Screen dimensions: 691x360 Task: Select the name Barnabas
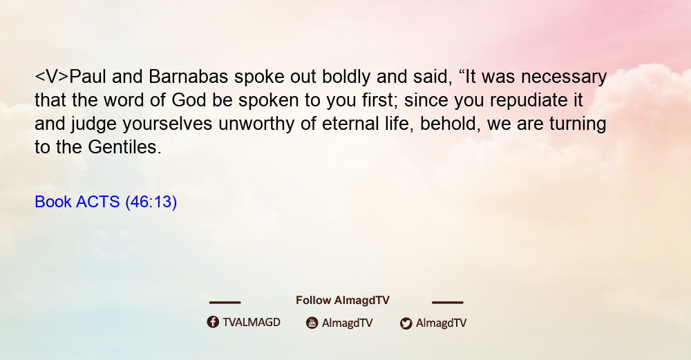188,77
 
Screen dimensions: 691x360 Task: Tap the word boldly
346,77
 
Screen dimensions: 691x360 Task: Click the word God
188,100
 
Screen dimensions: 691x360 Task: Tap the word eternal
350,124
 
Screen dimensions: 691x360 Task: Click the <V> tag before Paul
52,77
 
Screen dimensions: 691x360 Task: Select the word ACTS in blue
98,202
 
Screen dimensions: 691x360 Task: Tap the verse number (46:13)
151,202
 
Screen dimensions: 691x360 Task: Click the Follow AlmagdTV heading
343,301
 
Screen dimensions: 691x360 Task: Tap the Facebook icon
213,322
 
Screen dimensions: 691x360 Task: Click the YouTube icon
312,323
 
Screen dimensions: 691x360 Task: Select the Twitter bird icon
406,323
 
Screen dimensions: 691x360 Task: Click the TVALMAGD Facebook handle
252,323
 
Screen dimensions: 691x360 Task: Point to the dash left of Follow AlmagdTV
225,302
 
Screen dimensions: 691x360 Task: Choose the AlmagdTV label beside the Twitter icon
441,323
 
